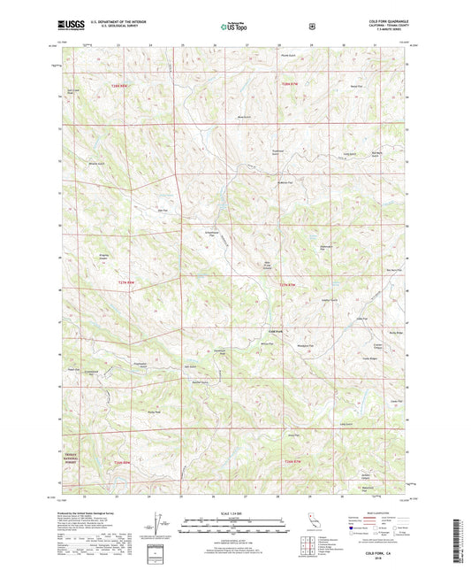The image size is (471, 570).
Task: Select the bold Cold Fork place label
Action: coord(276,332)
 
